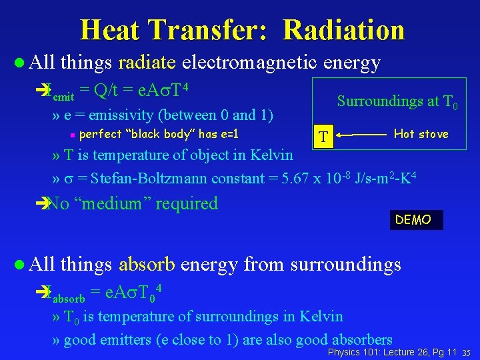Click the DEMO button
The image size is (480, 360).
(413, 220)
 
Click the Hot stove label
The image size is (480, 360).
(421, 134)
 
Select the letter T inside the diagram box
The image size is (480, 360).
(323, 137)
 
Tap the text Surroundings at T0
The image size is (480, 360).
(397, 101)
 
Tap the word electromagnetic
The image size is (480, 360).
(250, 63)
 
